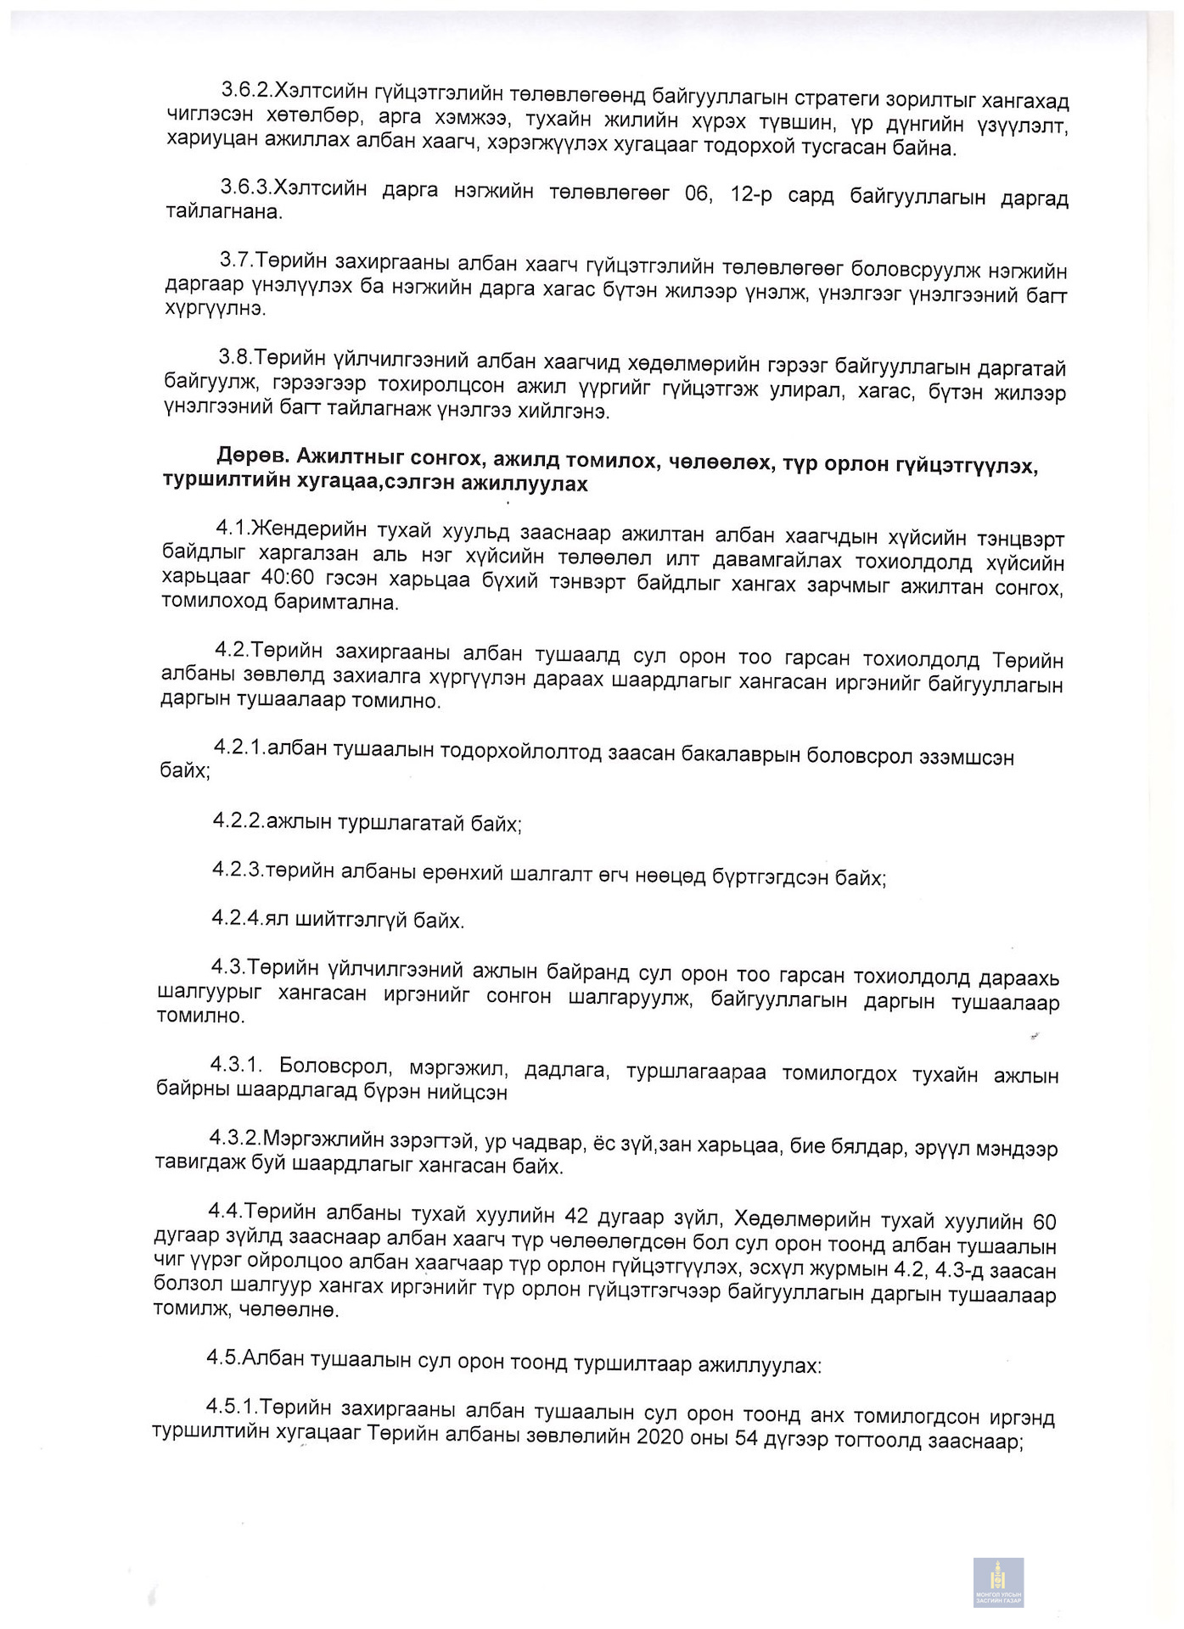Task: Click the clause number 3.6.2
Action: click(246, 90)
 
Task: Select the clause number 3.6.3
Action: click(246, 188)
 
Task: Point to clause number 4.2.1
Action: click(240, 747)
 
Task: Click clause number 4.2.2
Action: click(238, 820)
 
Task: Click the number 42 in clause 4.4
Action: click(576, 1217)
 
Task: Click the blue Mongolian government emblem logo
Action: click(998, 1582)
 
